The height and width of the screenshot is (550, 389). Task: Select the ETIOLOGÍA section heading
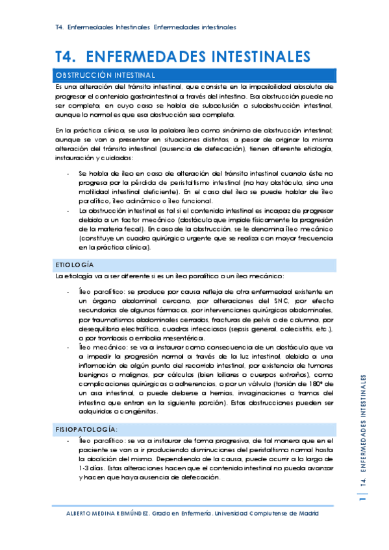click(75, 265)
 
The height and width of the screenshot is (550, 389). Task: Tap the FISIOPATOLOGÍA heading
click(86, 429)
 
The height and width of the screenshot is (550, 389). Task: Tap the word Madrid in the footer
click(305, 513)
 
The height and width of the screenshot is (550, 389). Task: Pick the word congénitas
click(138, 411)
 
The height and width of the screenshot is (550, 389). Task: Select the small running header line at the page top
click(145, 27)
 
